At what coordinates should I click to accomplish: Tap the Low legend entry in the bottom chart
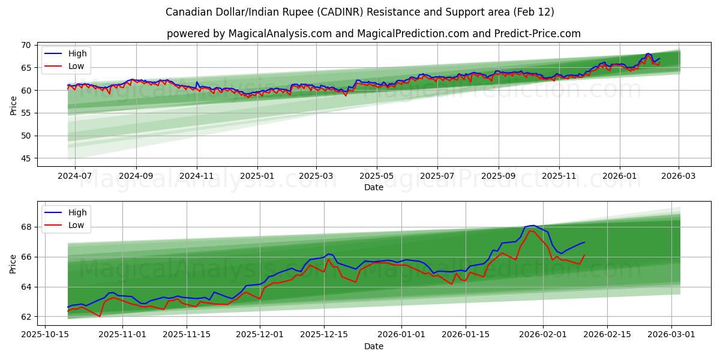[76, 225]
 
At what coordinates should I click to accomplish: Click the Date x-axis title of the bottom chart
[373, 346]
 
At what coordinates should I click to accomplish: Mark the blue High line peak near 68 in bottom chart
[533, 226]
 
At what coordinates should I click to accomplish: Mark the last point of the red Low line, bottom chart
[584, 255]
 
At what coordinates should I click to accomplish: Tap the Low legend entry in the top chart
[76, 66]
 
